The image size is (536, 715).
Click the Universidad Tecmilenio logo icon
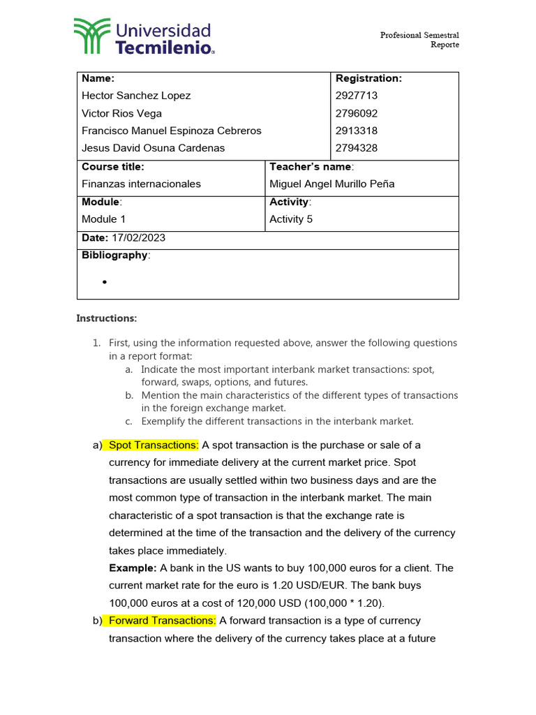click(91, 36)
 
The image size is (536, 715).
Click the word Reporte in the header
click(445, 45)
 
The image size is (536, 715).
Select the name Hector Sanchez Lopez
click(136, 96)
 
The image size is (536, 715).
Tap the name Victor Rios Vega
click(121, 113)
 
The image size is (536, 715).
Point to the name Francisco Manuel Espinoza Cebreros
click(172, 131)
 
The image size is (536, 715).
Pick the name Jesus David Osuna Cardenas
click(154, 148)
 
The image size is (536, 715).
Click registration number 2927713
click(357, 96)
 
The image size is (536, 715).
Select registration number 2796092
click(357, 113)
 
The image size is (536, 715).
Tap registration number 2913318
click(357, 131)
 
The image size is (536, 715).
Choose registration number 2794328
click(357, 148)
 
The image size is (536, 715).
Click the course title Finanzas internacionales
click(141, 184)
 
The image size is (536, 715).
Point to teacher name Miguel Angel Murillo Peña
click(332, 184)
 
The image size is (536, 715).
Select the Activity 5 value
click(291, 219)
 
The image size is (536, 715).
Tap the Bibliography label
click(115, 255)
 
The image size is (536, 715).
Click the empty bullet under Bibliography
click(104, 282)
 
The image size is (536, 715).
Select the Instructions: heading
click(107, 318)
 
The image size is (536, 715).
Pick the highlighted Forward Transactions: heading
click(163, 620)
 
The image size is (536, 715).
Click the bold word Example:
click(133, 568)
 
